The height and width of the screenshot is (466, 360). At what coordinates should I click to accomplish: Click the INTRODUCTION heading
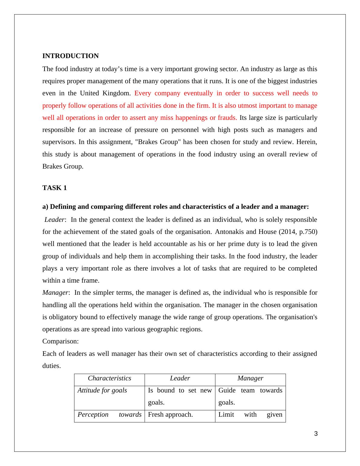coord(70,56)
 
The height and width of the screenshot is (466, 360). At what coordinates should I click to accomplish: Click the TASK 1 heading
coord(54,188)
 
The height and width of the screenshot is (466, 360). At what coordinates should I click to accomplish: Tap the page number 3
coord(316,434)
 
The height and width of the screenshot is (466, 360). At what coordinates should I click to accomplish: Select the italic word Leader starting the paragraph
coord(54,220)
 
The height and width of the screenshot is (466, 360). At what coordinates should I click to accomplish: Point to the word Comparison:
coord(61,341)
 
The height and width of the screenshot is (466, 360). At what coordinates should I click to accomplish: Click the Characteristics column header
coord(110,378)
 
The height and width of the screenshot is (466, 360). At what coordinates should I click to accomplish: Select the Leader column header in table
coord(180,378)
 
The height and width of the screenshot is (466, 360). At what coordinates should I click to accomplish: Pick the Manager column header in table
coord(250,378)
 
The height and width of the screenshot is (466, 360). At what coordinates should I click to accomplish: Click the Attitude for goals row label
coord(102,390)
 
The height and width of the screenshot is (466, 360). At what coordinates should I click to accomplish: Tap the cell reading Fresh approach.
coord(170,415)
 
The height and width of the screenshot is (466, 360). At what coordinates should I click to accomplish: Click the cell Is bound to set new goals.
coord(180,396)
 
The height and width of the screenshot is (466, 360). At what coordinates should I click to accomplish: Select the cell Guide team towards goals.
coord(250,396)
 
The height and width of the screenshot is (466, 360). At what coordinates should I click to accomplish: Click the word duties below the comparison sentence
coord(51,366)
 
